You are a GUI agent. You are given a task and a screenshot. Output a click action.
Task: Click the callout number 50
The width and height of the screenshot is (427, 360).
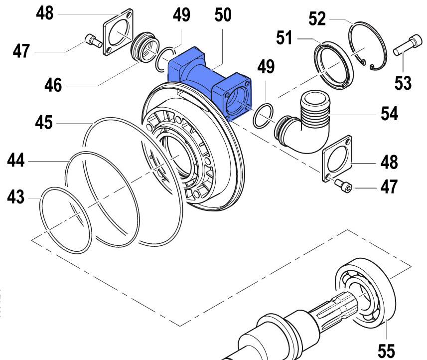(223, 15)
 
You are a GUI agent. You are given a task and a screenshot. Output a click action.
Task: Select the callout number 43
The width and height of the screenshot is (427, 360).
(16, 197)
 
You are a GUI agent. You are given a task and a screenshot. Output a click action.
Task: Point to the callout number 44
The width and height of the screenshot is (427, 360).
(16, 161)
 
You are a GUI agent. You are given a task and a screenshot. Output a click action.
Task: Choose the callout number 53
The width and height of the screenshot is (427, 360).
(402, 82)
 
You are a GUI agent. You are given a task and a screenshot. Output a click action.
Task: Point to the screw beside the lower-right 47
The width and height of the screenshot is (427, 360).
(343, 186)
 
